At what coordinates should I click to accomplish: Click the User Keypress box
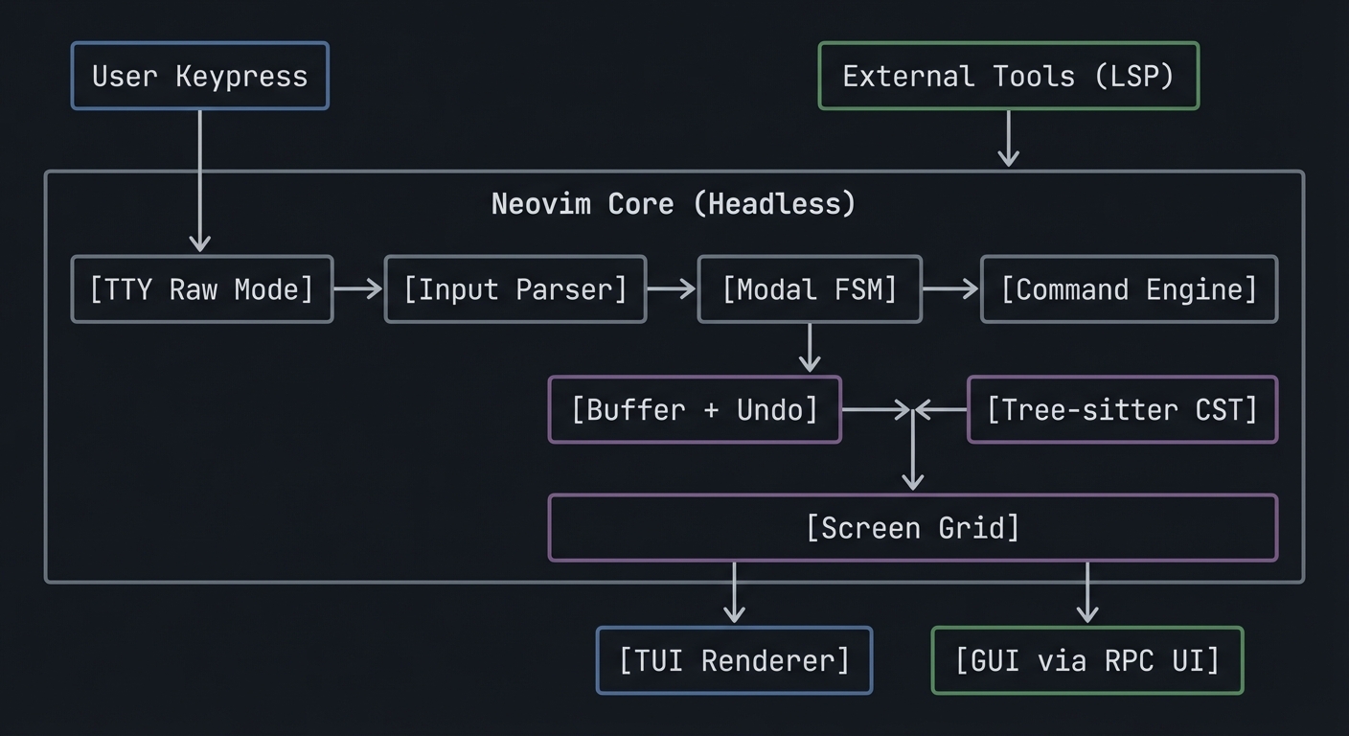coord(199,76)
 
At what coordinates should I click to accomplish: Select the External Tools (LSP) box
coord(1008,76)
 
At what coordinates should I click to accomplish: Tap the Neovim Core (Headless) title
coord(673,203)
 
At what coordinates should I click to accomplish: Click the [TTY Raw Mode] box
coord(202,288)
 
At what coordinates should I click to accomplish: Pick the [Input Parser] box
coord(515,288)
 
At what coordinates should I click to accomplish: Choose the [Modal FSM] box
coord(810,288)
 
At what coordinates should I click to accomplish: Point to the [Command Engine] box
coord(1129,288)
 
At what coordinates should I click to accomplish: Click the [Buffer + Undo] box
coord(695,409)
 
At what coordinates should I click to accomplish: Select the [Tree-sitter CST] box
coord(1122,409)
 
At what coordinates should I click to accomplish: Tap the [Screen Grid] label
coord(913,527)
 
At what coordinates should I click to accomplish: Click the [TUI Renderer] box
coord(734,660)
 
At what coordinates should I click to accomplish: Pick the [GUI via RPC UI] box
coord(1087,660)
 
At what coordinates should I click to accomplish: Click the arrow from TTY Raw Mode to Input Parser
coord(358,288)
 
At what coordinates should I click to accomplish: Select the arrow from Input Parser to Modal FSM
coord(672,288)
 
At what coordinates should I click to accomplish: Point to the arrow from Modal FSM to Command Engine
coord(950,288)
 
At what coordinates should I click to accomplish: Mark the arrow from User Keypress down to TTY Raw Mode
coord(199,182)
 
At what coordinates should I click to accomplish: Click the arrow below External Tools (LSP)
coord(1008,139)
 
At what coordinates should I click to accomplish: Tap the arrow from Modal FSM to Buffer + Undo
coord(810,348)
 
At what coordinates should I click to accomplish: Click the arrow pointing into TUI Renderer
coord(734,594)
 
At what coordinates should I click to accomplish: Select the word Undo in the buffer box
coord(777,409)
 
